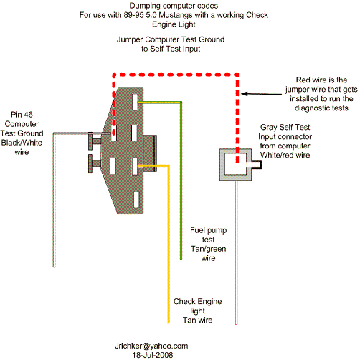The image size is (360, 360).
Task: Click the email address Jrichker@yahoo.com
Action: [151, 346]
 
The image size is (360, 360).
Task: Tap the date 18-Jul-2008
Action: [153, 355]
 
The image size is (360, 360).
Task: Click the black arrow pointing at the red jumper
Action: [261, 94]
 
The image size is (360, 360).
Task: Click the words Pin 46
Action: [22, 115]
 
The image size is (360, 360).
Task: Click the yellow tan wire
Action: [169, 244]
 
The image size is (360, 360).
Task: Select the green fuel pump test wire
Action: [181, 181]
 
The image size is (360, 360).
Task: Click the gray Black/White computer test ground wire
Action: [54, 199]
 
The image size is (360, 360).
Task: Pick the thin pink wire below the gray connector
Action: [236, 252]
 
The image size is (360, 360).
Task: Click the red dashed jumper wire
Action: [176, 75]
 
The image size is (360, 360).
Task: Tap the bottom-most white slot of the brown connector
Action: [136, 199]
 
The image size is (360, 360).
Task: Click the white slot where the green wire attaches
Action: [136, 102]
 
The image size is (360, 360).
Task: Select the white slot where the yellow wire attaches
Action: [135, 166]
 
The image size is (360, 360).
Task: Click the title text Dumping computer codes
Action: [174, 6]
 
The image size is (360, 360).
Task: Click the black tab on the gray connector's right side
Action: [257, 165]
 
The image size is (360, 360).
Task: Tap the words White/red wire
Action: [285, 155]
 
